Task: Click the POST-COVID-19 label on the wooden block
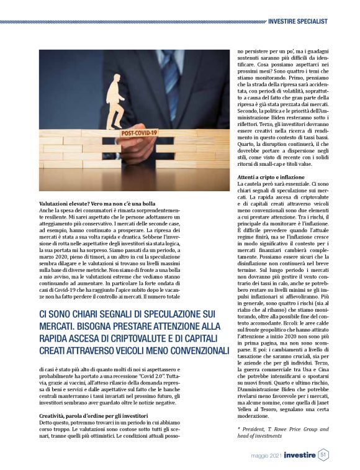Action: click(138, 133)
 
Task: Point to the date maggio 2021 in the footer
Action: click(268, 456)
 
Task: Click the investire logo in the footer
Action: click(300, 455)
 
